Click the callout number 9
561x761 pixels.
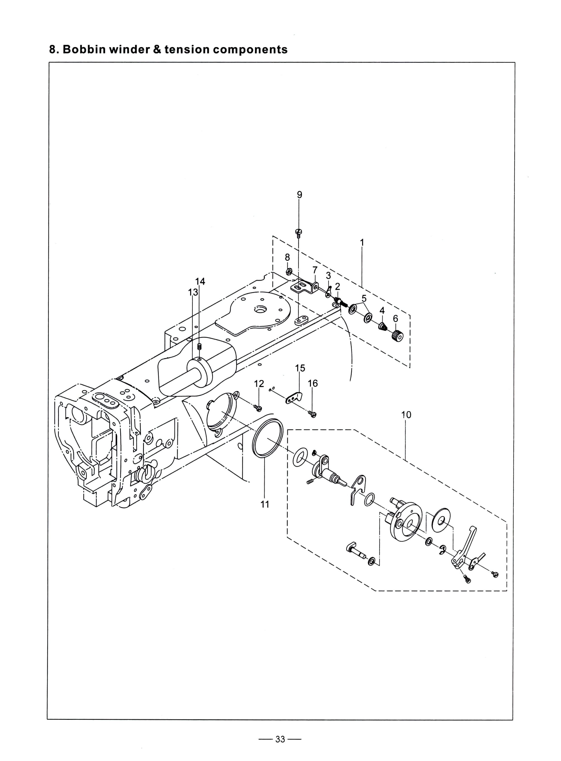click(x=299, y=195)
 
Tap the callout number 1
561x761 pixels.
click(x=362, y=243)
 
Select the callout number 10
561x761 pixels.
click(x=406, y=415)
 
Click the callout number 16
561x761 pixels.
click(x=313, y=384)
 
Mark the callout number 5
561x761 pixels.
click(x=364, y=299)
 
